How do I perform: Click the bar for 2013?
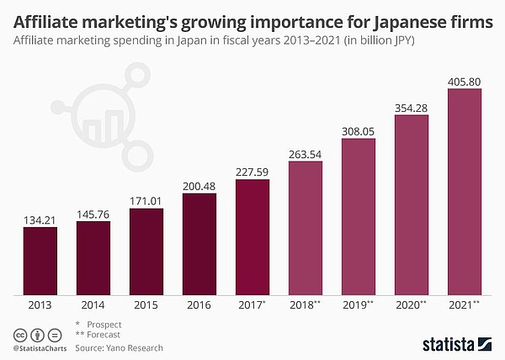pos(40,262)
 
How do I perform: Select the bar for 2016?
pos(199,244)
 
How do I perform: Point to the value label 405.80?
pos(464,81)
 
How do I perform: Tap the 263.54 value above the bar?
pos(305,153)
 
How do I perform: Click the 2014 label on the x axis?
pos(93,307)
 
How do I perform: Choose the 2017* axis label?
pos(253,307)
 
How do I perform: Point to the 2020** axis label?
pos(412,307)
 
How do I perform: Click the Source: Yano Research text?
pos(119,347)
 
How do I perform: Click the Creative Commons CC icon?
pos(19,333)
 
